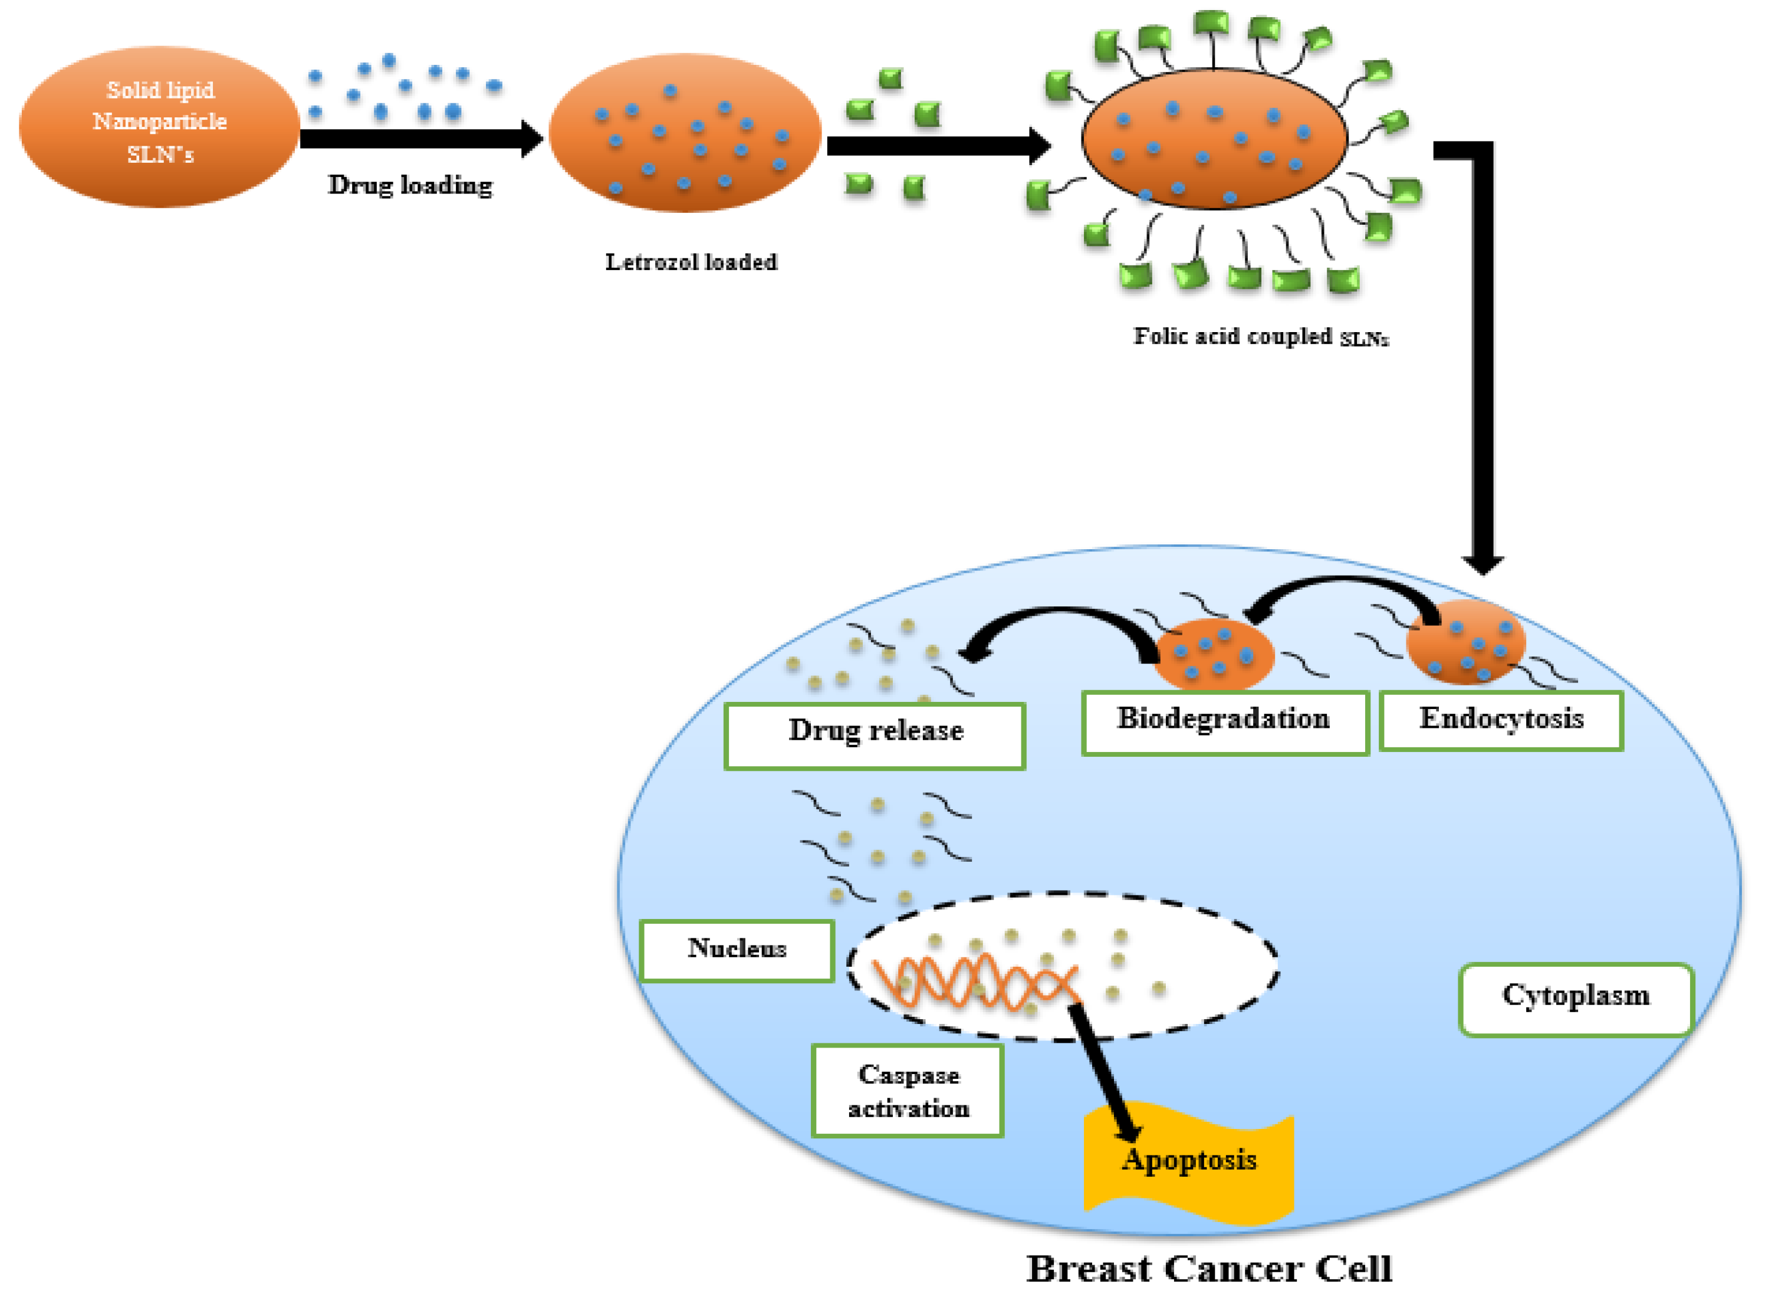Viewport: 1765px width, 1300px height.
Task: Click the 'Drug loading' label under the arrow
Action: click(x=410, y=185)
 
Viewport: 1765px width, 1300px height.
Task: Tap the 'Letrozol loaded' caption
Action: click(x=691, y=262)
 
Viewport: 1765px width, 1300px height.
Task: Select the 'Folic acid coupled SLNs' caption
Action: click(x=1260, y=337)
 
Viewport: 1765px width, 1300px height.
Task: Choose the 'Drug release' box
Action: click(x=875, y=734)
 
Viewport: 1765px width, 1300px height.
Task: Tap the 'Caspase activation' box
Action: click(x=908, y=1091)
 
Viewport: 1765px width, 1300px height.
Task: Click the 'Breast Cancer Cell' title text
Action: click(x=1209, y=1269)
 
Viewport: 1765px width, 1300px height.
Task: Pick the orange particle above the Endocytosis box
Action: click(x=1464, y=641)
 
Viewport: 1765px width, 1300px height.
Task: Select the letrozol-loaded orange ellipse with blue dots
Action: click(x=684, y=132)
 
